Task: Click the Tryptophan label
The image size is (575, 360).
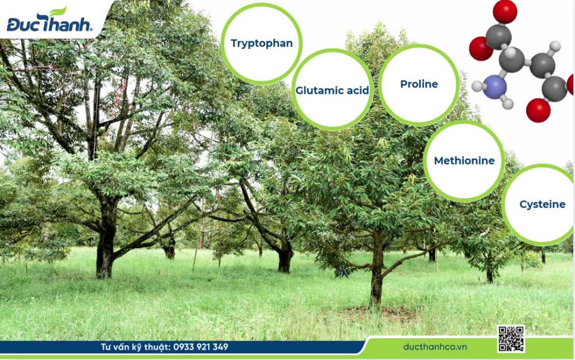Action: [262, 44]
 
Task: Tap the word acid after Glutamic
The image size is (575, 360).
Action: [356, 90]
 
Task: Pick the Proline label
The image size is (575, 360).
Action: [419, 84]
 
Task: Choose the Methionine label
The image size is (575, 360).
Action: [464, 160]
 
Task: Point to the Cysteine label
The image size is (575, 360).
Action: [542, 204]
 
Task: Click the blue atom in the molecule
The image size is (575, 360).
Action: [494, 87]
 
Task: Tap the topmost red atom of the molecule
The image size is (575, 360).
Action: [505, 12]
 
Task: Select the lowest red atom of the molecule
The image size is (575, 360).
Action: [538, 110]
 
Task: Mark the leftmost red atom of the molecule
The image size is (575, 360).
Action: [481, 48]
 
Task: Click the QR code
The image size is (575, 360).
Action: [511, 339]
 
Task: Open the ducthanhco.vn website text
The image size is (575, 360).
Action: [435, 347]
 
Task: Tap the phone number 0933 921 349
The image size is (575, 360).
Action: [201, 347]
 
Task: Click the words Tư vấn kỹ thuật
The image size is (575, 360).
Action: [135, 347]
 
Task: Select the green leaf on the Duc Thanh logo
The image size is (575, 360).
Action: [58, 11]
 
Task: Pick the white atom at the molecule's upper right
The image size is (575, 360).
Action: [555, 46]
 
